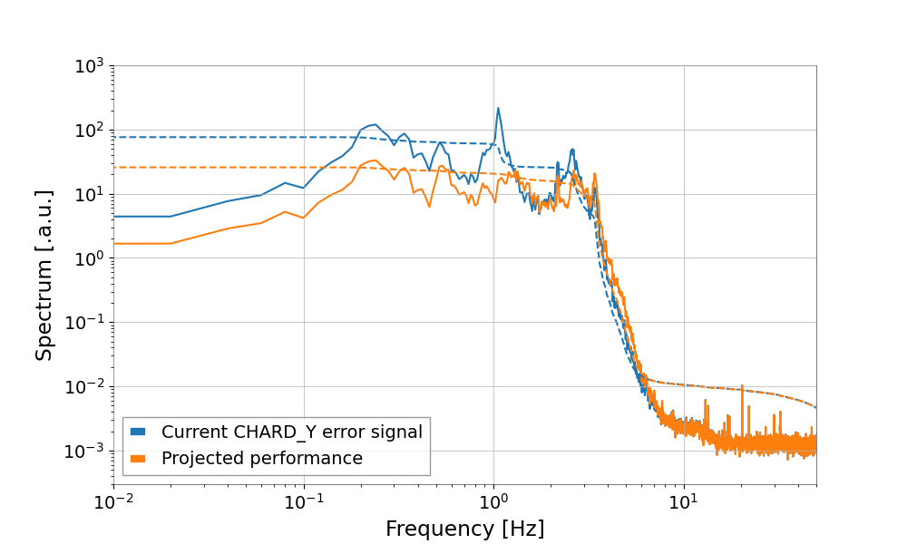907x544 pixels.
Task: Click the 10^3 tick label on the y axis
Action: coord(91,66)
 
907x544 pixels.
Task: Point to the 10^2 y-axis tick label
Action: coord(91,131)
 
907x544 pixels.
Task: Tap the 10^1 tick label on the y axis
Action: coord(91,195)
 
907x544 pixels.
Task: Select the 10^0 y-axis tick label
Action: coord(91,259)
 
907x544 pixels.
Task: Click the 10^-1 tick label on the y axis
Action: coord(88,324)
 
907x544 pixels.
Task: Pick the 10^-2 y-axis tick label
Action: coord(88,387)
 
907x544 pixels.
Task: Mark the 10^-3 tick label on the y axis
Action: coord(88,452)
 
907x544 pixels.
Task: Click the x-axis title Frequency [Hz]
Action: coord(464,529)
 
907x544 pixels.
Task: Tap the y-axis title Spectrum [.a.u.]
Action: coord(44,275)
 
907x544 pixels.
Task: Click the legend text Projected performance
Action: coord(261,459)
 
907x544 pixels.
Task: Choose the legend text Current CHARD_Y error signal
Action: coord(291,432)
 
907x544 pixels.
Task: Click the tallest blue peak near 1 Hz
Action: coord(498,109)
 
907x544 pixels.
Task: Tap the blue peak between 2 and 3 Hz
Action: coord(572,150)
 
